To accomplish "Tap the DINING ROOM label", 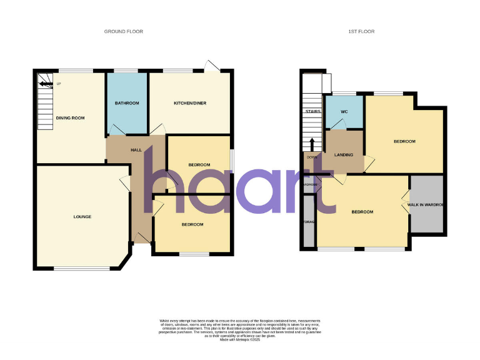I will (x=70, y=117).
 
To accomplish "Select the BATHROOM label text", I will (x=127, y=103).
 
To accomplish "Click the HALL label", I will (x=136, y=151).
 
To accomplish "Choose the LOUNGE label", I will (x=82, y=217).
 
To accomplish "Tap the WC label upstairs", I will (x=344, y=112).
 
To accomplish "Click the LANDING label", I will (x=344, y=155).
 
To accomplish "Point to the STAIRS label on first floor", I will (x=312, y=112).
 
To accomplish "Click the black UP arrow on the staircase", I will (x=46, y=83).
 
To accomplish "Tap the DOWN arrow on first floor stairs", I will (x=312, y=143).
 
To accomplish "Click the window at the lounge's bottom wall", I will (x=74, y=269).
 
